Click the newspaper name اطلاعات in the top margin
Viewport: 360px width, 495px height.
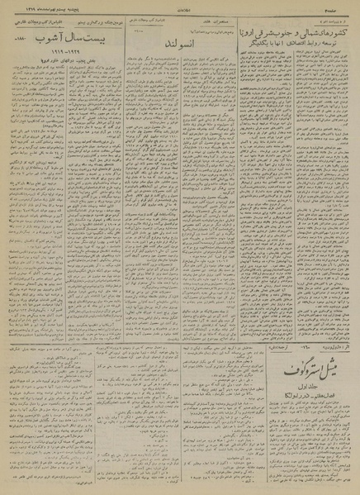pyautogui.click(x=181, y=5)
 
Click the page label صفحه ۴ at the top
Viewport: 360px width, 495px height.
pyautogui.click(x=346, y=5)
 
